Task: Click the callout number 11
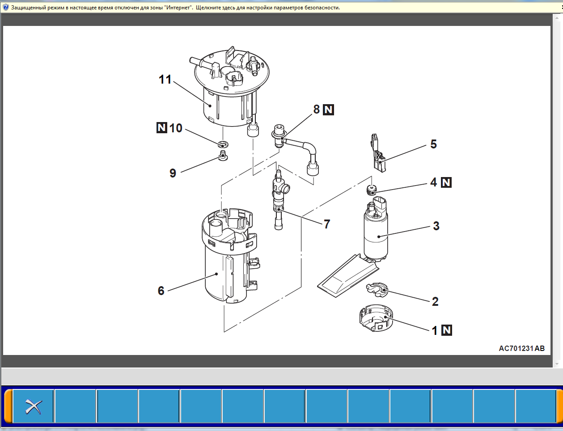pyautogui.click(x=165, y=79)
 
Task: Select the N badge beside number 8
pyautogui.click(x=328, y=110)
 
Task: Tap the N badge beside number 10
pyautogui.click(x=162, y=128)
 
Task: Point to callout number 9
pyautogui.click(x=173, y=173)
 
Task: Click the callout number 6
pyautogui.click(x=161, y=291)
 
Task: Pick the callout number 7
pyautogui.click(x=327, y=224)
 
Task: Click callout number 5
pyautogui.click(x=433, y=144)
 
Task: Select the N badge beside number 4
pyautogui.click(x=446, y=182)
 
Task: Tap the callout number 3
pyautogui.click(x=436, y=226)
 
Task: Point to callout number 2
pyautogui.click(x=435, y=301)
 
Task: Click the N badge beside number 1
pyautogui.click(x=447, y=330)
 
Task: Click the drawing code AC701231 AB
pyautogui.click(x=521, y=348)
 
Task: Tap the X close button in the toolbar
pyautogui.click(x=33, y=406)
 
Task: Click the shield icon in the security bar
pyautogui.click(x=5, y=7)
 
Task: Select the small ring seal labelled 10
pyautogui.click(x=223, y=144)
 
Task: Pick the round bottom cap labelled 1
pyautogui.click(x=376, y=318)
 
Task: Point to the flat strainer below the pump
pyautogui.click(x=348, y=276)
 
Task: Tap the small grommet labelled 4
pyautogui.click(x=372, y=190)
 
